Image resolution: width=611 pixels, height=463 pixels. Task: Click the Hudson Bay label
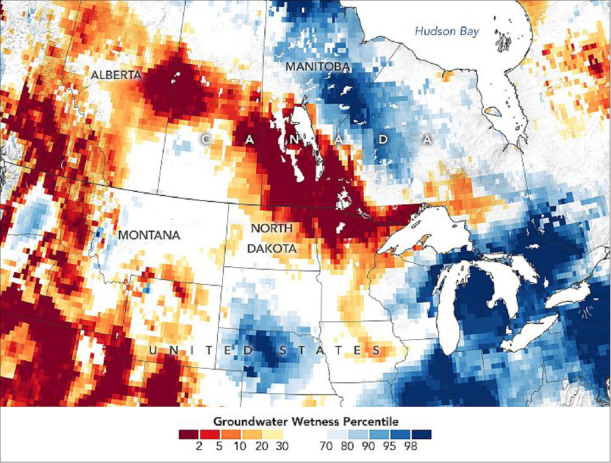pyautogui.click(x=447, y=31)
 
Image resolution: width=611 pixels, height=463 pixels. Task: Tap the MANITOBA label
pyautogui.click(x=318, y=66)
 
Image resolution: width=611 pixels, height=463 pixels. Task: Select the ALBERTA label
pyautogui.click(x=116, y=75)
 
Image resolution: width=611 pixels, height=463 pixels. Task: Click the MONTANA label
pyautogui.click(x=149, y=235)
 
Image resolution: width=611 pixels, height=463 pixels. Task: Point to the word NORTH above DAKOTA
pyautogui.click(x=272, y=228)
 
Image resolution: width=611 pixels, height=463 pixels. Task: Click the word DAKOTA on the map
pyautogui.click(x=272, y=249)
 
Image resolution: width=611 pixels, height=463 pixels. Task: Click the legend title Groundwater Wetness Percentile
pyautogui.click(x=306, y=421)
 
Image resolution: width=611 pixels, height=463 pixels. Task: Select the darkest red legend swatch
pyautogui.click(x=189, y=434)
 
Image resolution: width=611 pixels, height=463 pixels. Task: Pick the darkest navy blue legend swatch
pyautogui.click(x=421, y=434)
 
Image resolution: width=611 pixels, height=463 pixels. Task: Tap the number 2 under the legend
pyautogui.click(x=199, y=446)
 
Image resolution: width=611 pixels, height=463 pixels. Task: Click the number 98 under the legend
pyautogui.click(x=410, y=446)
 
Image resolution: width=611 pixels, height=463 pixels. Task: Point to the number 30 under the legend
pyautogui.click(x=282, y=446)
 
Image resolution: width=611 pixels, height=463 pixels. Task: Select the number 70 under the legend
pyautogui.click(x=326, y=446)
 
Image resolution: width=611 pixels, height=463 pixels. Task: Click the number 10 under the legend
pyautogui.click(x=240, y=446)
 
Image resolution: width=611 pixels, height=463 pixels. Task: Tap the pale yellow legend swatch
pyautogui.click(x=273, y=434)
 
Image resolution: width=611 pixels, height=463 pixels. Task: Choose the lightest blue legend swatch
pyautogui.click(x=337, y=434)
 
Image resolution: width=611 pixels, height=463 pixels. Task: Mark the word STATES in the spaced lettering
pyautogui.click(x=330, y=350)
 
